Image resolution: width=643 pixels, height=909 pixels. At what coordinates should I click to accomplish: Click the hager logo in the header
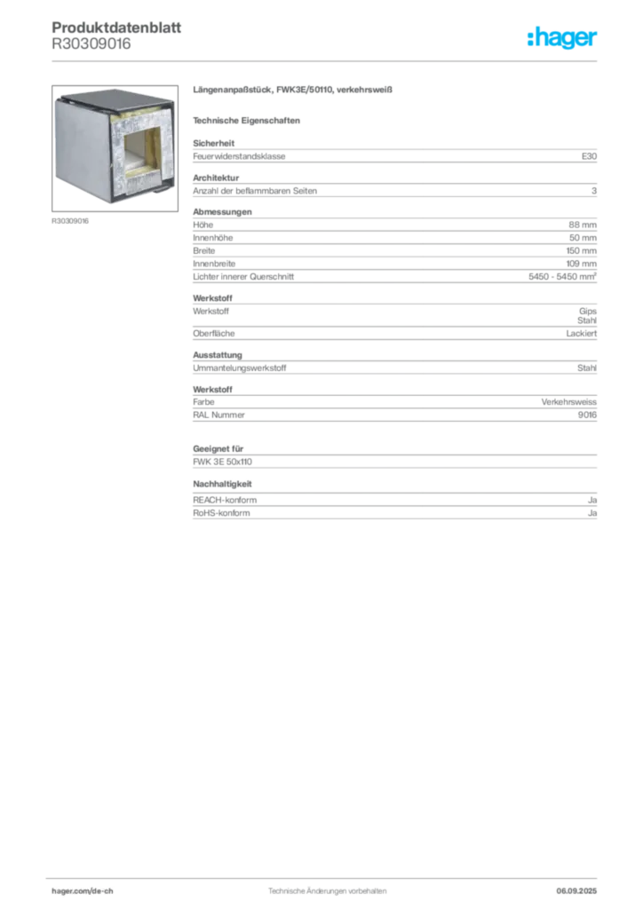[x=561, y=38]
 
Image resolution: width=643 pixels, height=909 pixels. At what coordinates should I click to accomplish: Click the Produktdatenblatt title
[x=116, y=28]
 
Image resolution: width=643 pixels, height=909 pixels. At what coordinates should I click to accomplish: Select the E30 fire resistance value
[x=589, y=156]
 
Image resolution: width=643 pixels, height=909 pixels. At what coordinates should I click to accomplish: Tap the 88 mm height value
[x=583, y=225]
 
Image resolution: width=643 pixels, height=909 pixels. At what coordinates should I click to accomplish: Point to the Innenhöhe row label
[x=213, y=238]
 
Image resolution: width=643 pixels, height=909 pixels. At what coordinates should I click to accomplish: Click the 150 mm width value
[x=582, y=251]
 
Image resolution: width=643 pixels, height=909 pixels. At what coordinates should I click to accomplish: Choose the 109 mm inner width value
[x=582, y=264]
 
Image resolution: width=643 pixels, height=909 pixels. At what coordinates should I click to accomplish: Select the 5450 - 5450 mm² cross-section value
[x=562, y=277]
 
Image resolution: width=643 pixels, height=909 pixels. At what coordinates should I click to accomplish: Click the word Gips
[x=588, y=312]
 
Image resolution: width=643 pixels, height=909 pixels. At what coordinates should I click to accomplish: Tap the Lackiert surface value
[x=582, y=334]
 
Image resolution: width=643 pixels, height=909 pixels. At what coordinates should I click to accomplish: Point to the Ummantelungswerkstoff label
[x=240, y=368]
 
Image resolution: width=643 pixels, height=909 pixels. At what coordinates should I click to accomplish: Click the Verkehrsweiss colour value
[x=568, y=402]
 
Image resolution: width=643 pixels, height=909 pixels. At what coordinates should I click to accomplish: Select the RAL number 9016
[x=587, y=415]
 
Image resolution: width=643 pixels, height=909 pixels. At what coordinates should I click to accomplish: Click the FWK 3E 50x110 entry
[x=223, y=462]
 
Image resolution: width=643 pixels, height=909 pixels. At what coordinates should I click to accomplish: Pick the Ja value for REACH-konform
[x=592, y=501]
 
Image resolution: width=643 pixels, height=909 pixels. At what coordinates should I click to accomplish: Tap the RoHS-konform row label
[x=221, y=513]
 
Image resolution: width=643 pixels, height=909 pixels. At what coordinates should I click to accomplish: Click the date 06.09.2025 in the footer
[x=576, y=891]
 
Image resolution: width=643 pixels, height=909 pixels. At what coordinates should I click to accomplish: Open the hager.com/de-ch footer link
[x=83, y=891]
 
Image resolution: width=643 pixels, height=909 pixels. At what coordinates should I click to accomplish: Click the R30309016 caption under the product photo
[x=70, y=221]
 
